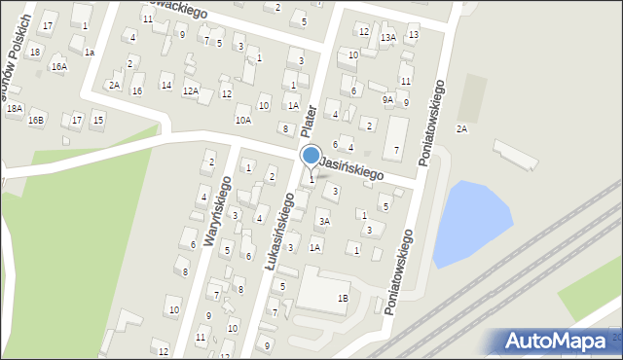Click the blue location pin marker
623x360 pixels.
311,156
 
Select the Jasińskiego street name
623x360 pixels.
350,166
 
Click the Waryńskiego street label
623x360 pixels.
217,211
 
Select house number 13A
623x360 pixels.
387,38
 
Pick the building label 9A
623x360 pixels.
387,99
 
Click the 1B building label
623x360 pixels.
342,298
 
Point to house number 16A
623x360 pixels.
59,67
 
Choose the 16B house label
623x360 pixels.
36,120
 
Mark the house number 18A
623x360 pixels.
14,109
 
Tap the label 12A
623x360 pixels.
191,91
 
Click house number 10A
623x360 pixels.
243,120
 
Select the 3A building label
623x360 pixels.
325,222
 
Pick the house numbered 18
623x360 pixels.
35,52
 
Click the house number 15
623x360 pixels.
97,120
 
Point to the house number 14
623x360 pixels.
166,85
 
